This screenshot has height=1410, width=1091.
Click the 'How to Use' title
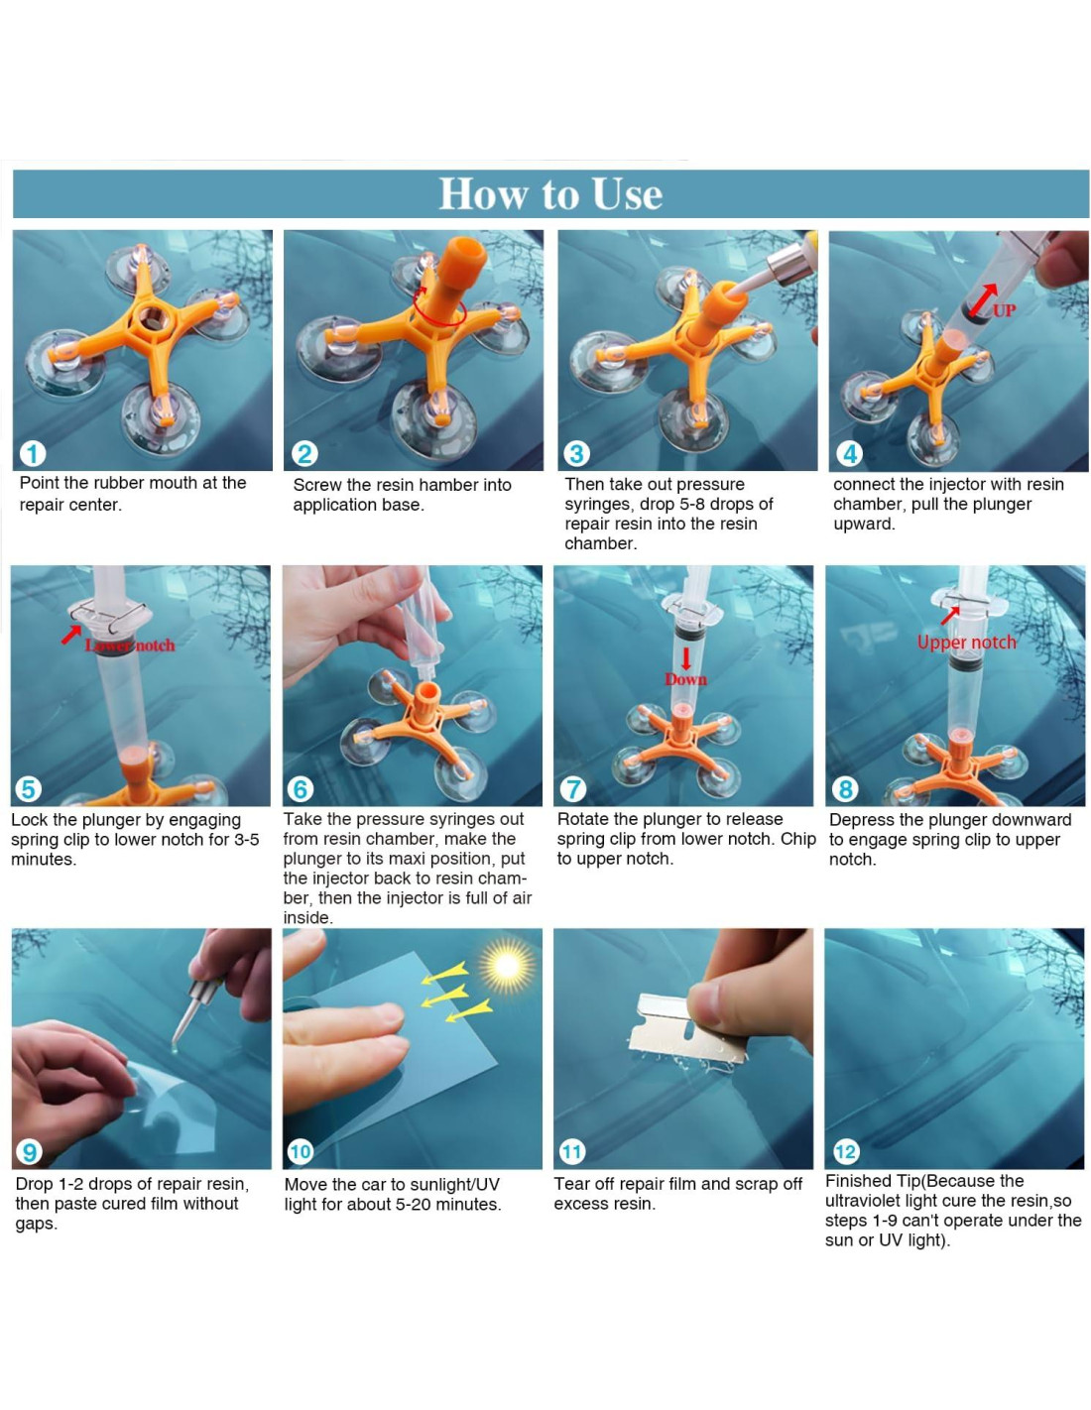pos(550,193)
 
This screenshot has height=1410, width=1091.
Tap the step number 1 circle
pos(33,453)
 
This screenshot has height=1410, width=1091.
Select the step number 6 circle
pos(301,789)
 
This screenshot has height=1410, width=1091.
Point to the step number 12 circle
pos(846,1152)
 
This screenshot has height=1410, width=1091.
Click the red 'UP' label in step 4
pos(1004,310)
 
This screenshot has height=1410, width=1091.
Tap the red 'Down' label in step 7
pos(685,679)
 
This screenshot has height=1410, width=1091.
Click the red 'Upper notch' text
pos(966,643)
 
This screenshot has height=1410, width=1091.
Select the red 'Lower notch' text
pos(130,645)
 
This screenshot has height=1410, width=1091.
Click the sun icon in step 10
pos(507,966)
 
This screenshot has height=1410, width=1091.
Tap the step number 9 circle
pos(29,1152)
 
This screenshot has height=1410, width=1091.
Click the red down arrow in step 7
pos(685,658)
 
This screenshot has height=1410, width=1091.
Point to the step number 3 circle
pos(576,453)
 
